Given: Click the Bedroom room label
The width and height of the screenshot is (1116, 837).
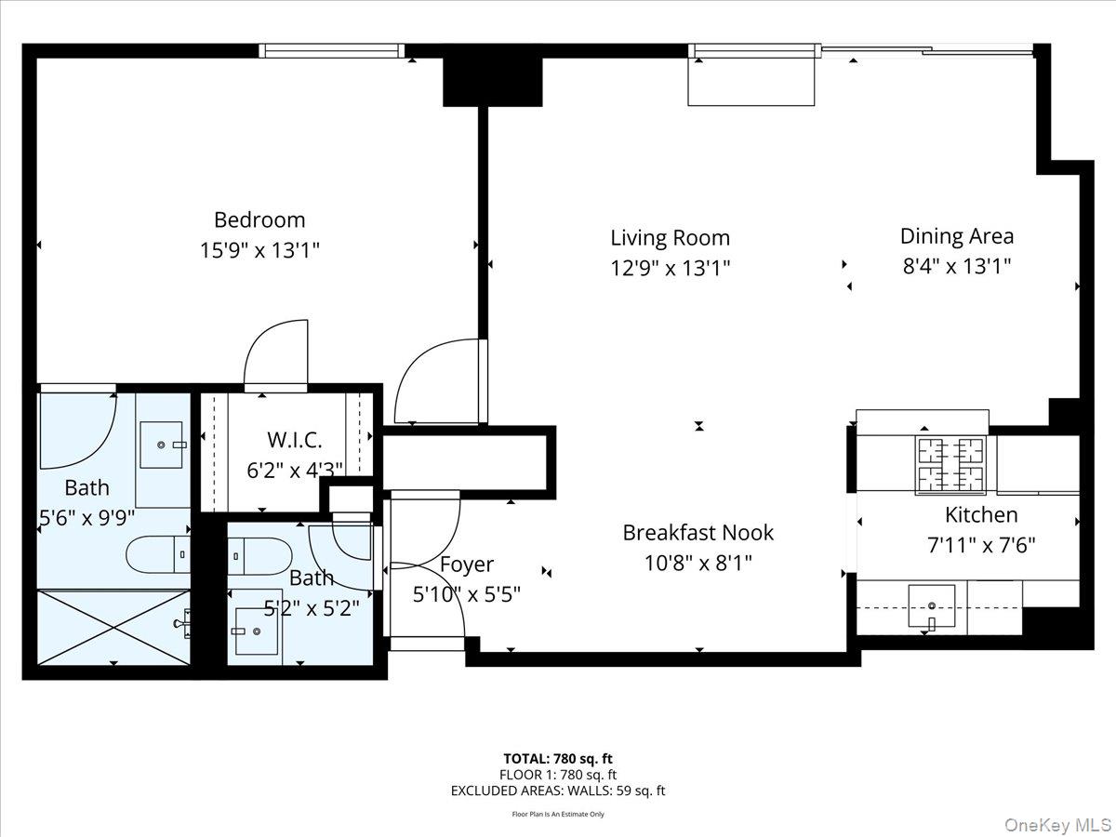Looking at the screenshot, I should point(259,220).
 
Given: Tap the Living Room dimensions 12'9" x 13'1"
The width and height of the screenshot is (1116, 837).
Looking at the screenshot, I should point(670,269).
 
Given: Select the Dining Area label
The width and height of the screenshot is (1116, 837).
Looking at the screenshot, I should point(956,236).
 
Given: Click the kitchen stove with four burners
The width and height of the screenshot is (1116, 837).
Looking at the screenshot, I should point(951,464).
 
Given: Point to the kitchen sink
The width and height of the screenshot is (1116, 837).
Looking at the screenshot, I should point(931,605).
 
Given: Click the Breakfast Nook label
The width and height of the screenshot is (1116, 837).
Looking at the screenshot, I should point(697,533).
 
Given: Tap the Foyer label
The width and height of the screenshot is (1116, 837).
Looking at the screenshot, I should point(467,565).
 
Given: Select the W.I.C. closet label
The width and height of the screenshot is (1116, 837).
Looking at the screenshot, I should point(294,441).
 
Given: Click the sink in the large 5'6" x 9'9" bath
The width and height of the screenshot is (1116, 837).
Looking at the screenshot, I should point(164,444).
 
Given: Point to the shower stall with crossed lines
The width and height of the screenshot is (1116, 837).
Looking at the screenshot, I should point(113,628).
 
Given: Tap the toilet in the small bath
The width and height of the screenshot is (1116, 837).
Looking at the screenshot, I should point(260,556).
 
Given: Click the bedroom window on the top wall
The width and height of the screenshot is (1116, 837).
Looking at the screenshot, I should point(331,50).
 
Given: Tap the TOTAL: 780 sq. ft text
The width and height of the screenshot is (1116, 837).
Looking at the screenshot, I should point(558,759).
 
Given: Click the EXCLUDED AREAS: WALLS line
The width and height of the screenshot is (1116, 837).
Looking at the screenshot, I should point(558,790).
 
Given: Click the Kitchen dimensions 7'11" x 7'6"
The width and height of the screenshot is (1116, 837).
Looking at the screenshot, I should point(981,545).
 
